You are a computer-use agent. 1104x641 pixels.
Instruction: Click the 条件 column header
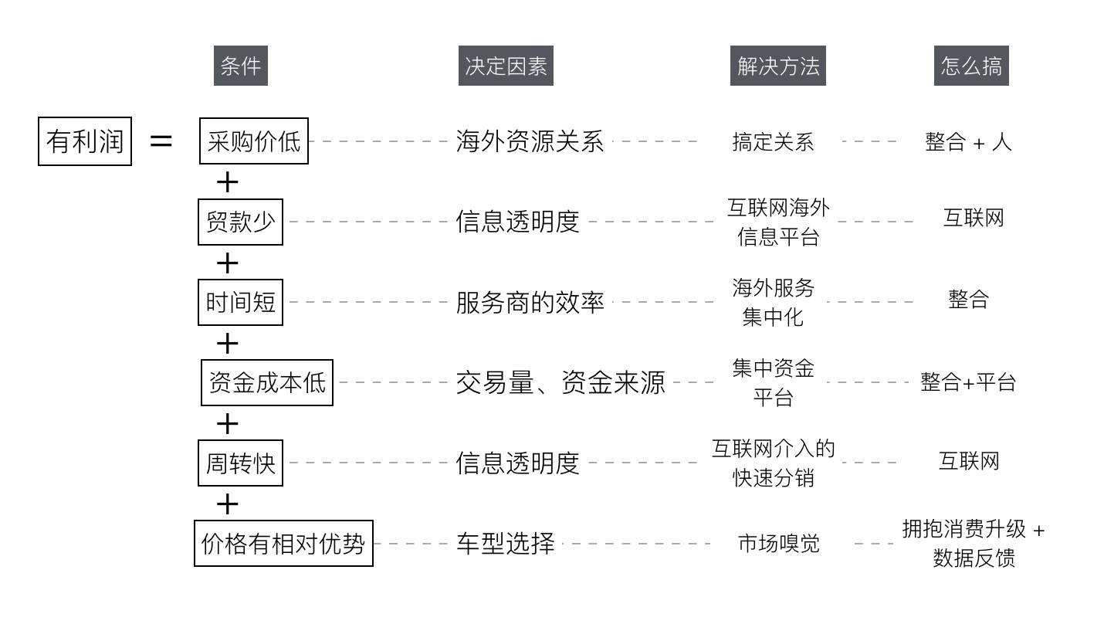pos(240,66)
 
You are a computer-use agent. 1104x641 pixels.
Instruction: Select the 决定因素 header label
pos(506,66)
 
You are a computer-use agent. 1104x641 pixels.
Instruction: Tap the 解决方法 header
pos(777,66)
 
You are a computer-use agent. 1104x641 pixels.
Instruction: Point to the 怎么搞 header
pos(970,66)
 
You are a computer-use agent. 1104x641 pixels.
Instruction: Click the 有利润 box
pos(85,141)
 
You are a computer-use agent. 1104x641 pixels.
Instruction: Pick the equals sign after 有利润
pos(161,141)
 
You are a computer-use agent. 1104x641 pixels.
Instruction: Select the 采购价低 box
pos(253,141)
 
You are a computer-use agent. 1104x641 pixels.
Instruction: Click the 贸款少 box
pos(240,222)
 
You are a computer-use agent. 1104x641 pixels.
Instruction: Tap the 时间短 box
pos(240,302)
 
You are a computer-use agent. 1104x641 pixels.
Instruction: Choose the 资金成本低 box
pos(266,382)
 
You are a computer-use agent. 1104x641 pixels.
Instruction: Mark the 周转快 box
pos(240,463)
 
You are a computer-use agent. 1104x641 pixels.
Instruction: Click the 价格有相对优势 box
pos(283,544)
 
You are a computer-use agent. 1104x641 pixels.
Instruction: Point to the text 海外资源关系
pos(530,142)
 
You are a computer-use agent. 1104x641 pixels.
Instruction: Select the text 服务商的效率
pos(530,302)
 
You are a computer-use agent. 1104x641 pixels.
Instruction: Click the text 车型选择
pos(505,544)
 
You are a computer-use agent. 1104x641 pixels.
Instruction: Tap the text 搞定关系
pos(773,142)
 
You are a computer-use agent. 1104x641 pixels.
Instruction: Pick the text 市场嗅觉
pos(778,544)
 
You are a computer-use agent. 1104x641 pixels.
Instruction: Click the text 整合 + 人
pos(968,142)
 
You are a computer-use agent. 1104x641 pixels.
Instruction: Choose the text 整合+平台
pos(968,382)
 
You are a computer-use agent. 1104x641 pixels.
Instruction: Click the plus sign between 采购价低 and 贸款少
pos(227,182)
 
